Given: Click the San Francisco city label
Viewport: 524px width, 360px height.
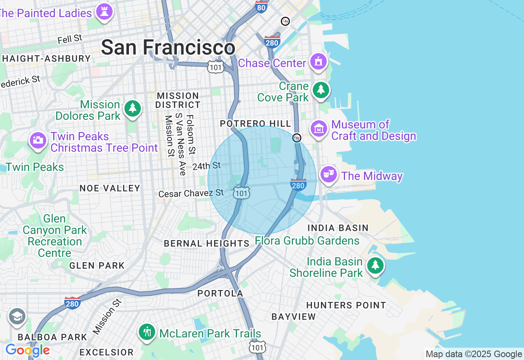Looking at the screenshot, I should coord(168,47).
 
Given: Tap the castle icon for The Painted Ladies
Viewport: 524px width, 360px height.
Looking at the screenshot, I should coord(104,12).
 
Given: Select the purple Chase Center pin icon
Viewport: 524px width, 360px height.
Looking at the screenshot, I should coord(318,62).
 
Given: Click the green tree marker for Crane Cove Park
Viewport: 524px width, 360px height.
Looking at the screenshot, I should coord(321,90).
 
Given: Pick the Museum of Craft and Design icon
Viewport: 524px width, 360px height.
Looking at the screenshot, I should coord(319,129).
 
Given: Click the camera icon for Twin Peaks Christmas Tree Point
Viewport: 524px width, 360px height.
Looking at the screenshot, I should coord(38,140).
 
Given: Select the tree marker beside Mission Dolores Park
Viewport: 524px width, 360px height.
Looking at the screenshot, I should coord(133,108).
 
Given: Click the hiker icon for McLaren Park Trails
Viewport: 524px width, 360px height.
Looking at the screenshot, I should coord(147,331).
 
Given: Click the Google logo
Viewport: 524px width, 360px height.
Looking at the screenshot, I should coord(27,350).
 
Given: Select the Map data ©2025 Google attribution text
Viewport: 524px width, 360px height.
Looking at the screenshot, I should coord(474,354).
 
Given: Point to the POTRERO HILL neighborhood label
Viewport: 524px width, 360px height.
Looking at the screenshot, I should coord(255,124).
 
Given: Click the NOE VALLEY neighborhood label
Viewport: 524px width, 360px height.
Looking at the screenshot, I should coord(110,188).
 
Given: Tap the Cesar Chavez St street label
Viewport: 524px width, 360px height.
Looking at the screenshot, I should coord(191,193).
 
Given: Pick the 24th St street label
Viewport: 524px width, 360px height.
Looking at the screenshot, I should coord(206,166).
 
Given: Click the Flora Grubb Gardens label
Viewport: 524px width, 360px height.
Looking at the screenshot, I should coord(307,241).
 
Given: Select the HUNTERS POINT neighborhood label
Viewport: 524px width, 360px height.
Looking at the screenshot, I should coord(346,305).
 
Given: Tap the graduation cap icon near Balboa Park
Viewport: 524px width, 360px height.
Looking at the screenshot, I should coord(17,317).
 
